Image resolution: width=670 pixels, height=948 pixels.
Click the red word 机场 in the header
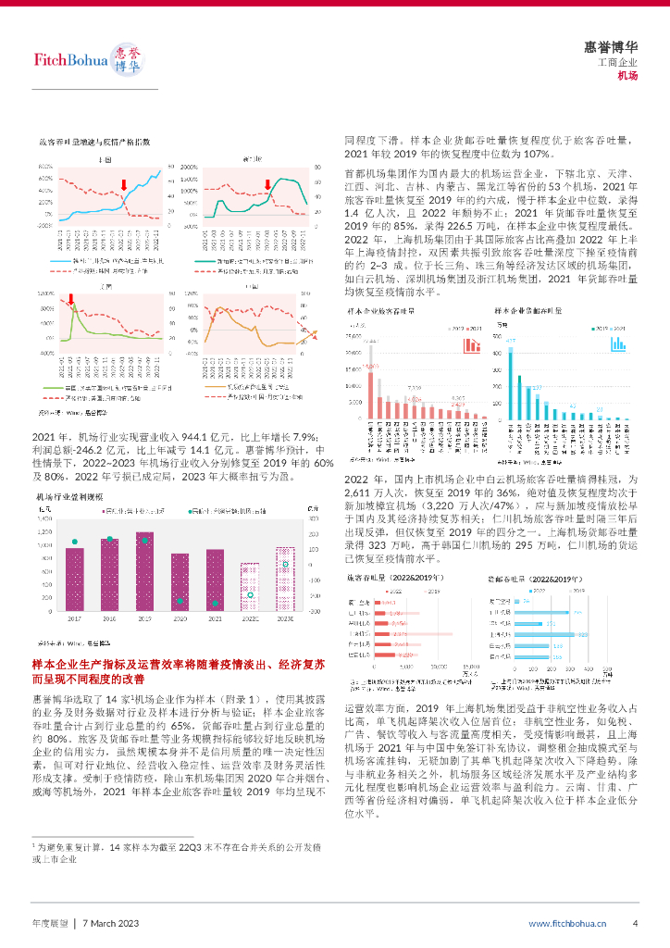[628, 76]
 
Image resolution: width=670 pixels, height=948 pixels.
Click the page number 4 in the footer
[635, 923]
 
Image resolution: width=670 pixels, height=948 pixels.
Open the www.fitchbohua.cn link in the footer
[567, 923]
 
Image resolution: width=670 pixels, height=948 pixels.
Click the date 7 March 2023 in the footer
[110, 923]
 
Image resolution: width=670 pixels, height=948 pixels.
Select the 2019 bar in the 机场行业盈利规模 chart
[143, 572]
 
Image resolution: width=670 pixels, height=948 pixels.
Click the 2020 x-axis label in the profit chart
[180, 617]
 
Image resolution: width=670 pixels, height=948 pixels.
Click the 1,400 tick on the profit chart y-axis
[47, 520]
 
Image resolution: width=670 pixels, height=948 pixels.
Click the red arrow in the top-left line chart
[125, 185]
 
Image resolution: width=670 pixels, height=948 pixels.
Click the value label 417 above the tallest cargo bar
[509, 341]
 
